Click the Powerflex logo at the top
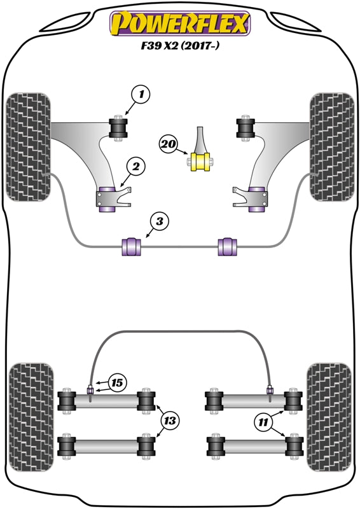(180, 23)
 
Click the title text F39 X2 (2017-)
(180, 46)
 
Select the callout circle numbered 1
(142, 95)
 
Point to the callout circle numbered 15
(116, 383)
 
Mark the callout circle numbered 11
(263, 421)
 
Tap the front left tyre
(28, 146)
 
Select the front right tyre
(331, 146)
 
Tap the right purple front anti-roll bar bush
(228, 245)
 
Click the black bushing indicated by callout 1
(119, 127)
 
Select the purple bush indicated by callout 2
(109, 198)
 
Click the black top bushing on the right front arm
(244, 127)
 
